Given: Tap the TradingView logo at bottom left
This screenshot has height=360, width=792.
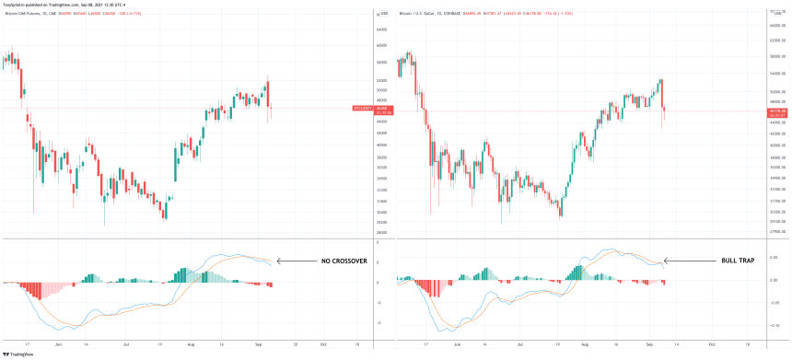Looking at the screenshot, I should (20, 353).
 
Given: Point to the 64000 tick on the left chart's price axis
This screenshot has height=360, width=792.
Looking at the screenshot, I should (380, 30).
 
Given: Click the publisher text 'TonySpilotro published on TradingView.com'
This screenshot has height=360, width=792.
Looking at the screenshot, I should (64, 4).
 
